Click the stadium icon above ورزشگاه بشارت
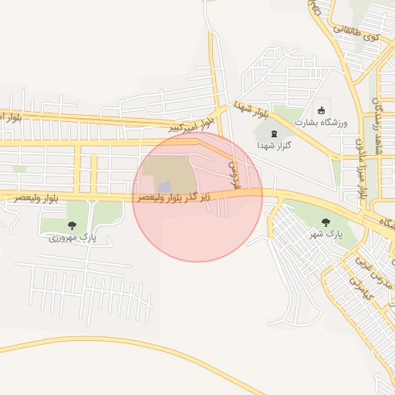click(322, 110)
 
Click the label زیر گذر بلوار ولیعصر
click(185, 197)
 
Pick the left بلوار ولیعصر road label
click(36, 198)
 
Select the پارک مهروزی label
click(73, 238)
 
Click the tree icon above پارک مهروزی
click(72, 225)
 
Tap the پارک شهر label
click(326, 232)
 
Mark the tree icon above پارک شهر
click(326, 221)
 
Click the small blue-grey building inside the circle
click(164, 186)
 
